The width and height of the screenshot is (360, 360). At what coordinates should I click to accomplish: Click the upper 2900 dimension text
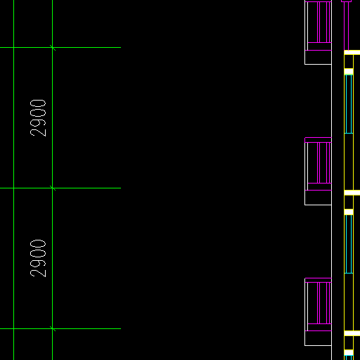38,118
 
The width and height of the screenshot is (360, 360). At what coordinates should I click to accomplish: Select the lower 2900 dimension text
38,258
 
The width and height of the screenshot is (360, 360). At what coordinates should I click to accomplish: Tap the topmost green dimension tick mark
53,48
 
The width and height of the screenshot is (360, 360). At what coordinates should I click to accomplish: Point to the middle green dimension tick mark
53,188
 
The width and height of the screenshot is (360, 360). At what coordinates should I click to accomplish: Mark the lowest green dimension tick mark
53,328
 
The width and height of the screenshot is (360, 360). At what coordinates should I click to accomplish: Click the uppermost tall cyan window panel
349,104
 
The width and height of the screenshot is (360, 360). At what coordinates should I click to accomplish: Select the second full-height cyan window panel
349,244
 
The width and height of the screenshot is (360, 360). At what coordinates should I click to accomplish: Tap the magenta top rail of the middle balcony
318,140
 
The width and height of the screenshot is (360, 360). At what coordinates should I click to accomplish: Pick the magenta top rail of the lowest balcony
318,280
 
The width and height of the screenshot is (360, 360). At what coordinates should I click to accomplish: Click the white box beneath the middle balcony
318,198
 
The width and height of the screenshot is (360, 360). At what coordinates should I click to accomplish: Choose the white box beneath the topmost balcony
318,57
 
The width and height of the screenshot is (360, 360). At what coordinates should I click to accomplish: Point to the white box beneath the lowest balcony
318,338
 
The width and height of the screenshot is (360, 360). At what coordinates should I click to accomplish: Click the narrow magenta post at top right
346,25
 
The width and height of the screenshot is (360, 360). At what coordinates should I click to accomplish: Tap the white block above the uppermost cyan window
349,71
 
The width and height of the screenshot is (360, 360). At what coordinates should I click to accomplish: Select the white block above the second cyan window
349,212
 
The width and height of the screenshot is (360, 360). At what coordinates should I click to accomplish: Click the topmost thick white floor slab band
352,52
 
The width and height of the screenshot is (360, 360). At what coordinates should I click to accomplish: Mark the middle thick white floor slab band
352,193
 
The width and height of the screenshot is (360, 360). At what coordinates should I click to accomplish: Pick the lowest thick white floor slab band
352,333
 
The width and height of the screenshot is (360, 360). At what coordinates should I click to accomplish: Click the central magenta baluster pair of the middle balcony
319,162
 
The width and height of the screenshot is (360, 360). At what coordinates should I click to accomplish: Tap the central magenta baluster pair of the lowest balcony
319,303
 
